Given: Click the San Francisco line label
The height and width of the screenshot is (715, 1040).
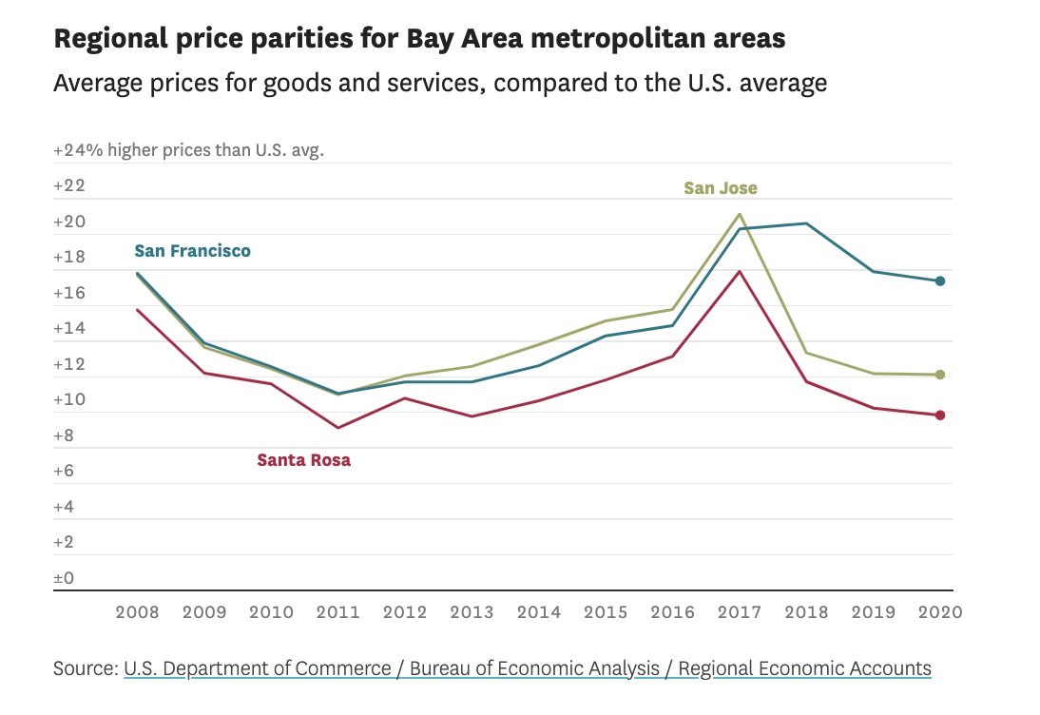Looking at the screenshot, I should [192, 251].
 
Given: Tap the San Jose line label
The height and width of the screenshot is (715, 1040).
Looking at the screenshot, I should [721, 188].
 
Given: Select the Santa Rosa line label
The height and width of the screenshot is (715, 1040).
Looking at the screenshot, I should [303, 460].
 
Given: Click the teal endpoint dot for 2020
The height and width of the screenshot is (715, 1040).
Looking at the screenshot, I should [939, 280].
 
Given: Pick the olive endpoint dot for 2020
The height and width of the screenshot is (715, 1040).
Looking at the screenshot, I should [939, 375].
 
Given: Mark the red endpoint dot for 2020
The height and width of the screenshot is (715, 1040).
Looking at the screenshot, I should [939, 415].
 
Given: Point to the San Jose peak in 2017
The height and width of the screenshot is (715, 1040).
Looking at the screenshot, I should [739, 214].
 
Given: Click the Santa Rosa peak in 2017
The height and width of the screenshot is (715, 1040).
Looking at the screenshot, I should [739, 272].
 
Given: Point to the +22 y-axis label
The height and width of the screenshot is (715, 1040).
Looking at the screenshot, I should [69, 185].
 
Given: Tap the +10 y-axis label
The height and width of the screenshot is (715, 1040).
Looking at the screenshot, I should [69, 400].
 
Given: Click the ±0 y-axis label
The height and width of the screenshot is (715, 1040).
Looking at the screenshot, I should [66, 578].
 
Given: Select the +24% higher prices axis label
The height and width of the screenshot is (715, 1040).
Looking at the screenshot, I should [188, 150].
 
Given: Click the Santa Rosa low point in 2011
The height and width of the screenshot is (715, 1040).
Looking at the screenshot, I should [337, 428].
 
